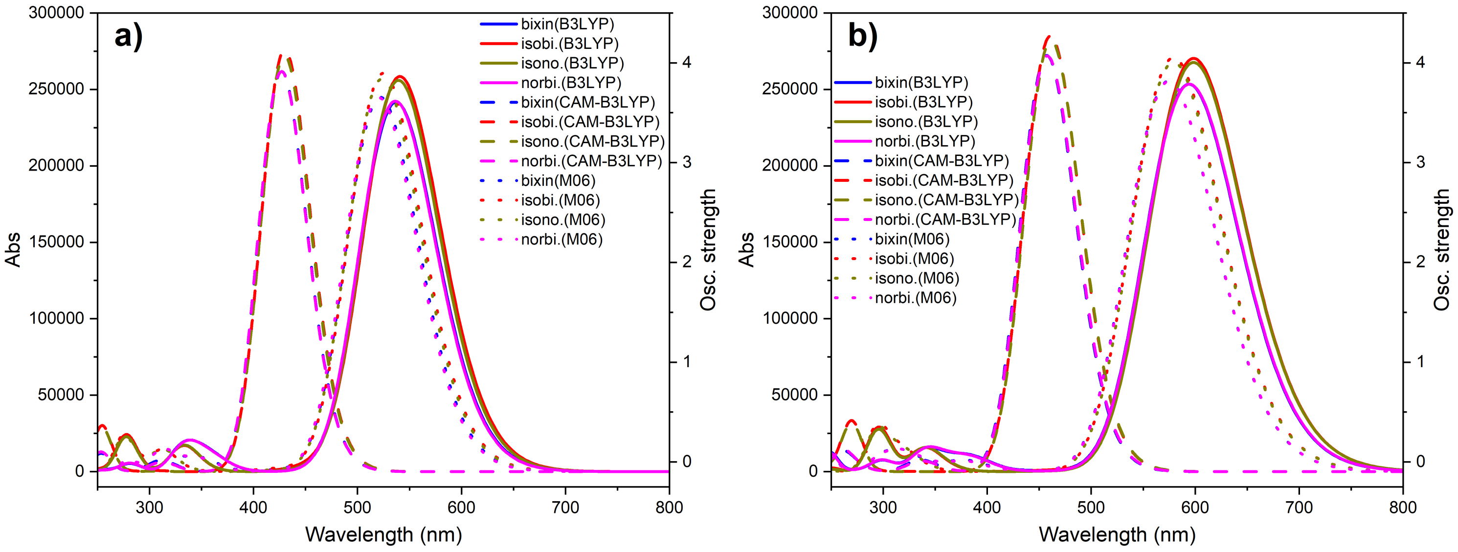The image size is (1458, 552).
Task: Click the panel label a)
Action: coord(129,36)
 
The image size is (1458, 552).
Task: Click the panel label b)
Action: coord(862,36)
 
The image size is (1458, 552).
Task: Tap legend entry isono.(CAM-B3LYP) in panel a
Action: coord(592,141)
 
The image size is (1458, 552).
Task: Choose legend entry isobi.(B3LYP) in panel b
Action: coord(923,102)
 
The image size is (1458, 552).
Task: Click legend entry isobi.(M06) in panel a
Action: coord(560,200)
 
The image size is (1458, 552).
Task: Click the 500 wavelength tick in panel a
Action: coord(357,508)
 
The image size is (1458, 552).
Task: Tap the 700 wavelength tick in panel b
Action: coord(1299,508)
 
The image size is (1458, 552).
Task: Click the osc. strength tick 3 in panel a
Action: coord(687,162)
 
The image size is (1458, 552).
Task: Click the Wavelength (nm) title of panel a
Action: coord(383,534)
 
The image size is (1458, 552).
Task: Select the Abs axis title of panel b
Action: coord(746,249)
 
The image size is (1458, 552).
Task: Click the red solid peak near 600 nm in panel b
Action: coord(1194,59)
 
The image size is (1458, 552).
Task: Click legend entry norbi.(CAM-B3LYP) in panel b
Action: coord(945,220)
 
